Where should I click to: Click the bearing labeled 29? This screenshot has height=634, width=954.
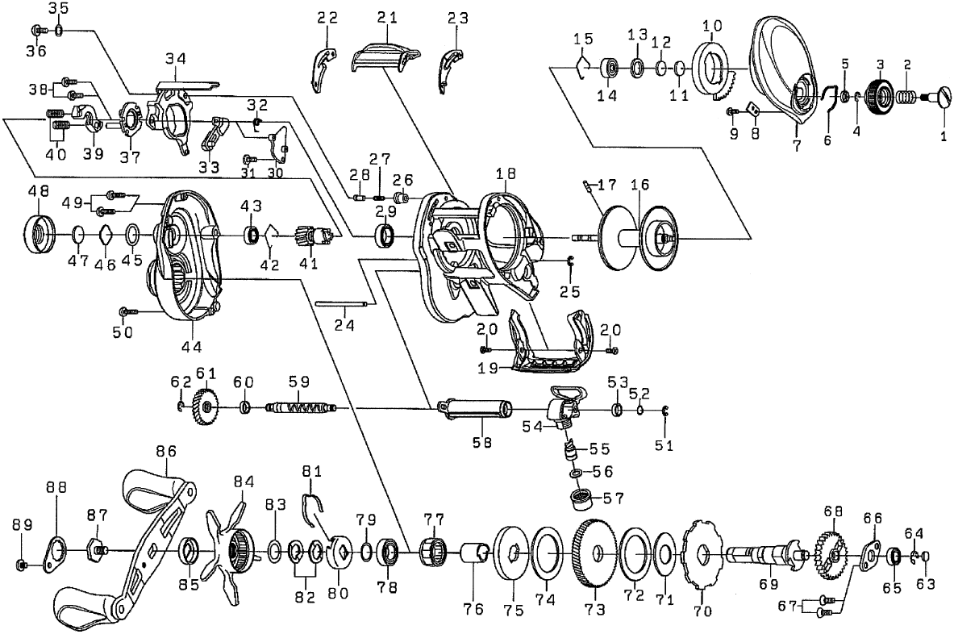pyautogui.click(x=386, y=236)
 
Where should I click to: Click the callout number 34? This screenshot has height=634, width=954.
pyautogui.click(x=176, y=58)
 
